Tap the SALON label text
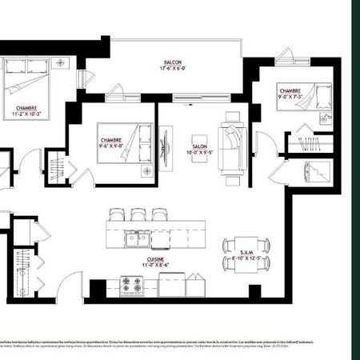[x=199, y=147]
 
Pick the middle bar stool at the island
[x=138, y=214]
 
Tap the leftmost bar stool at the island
[x=117, y=214]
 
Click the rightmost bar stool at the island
[x=158, y=214]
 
